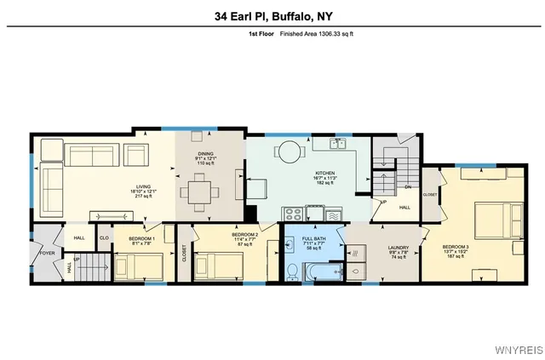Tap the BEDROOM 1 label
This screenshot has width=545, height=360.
(141, 239)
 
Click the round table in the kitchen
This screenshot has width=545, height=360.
(290, 153)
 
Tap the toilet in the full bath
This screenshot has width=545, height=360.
(291, 271)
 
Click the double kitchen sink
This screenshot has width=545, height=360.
(341, 141)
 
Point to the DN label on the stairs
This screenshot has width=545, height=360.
(407, 187)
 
